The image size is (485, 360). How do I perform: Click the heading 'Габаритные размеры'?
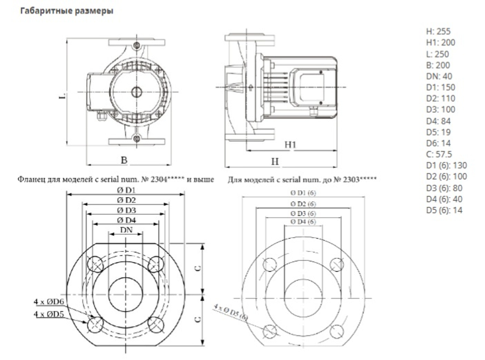click(66, 11)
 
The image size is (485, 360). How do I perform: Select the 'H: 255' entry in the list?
click(438, 31)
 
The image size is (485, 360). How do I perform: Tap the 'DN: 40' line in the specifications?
click(438, 76)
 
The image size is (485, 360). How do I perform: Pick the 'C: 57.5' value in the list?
click(439, 154)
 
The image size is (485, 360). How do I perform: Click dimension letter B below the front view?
click(124, 159)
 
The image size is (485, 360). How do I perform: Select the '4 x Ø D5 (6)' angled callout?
click(230, 312)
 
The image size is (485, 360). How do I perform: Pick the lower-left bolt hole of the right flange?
click(269, 331)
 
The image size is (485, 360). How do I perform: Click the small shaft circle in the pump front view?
click(135, 91)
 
